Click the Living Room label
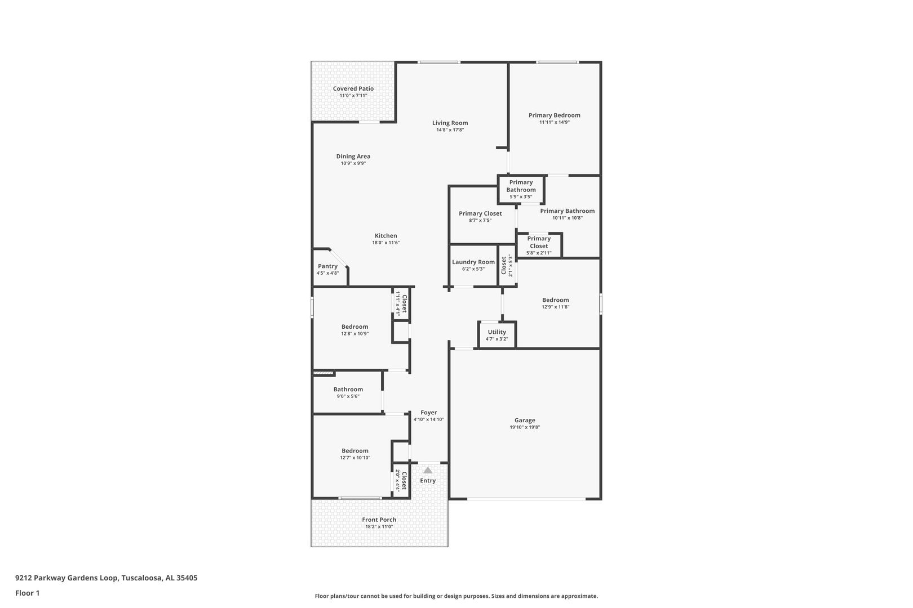[x=450, y=123]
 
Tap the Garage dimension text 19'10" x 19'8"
[x=525, y=427]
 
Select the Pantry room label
[x=327, y=266]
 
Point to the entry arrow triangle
[x=428, y=470]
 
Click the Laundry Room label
[x=473, y=262]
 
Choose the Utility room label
[x=497, y=332]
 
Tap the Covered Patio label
[x=353, y=88]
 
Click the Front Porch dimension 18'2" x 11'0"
[x=379, y=526]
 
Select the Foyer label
[x=429, y=413]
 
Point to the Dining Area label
[x=353, y=157]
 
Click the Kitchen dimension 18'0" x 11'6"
[x=385, y=243]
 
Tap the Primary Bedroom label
[x=555, y=115]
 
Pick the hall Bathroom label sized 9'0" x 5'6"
[x=348, y=390]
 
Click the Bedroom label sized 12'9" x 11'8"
[x=556, y=300]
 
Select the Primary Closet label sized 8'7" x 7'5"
[x=480, y=213]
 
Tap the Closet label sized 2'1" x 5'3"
[x=504, y=266]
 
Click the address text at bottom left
[x=107, y=578]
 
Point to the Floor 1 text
[x=27, y=593]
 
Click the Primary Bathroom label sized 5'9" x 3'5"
[x=521, y=186]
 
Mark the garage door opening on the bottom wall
[x=526, y=498]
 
